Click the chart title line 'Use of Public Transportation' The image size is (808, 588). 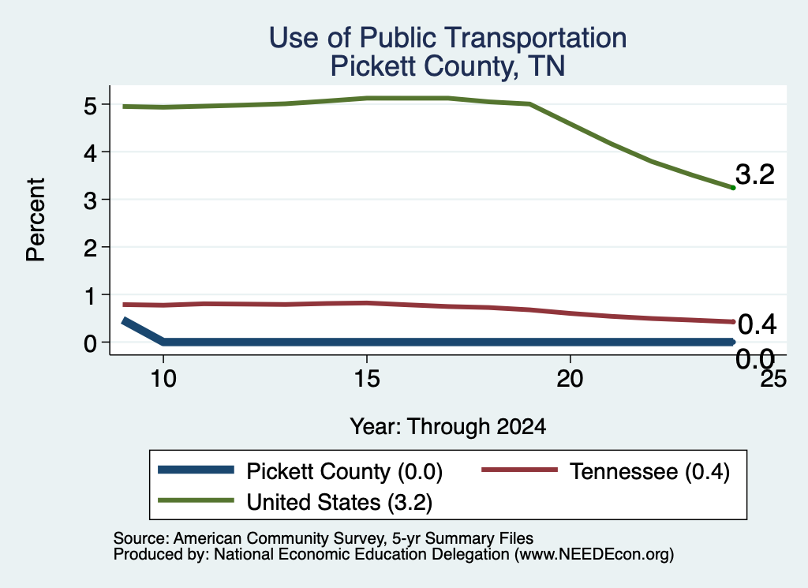[448, 38]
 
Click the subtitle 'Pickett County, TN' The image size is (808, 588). [448, 66]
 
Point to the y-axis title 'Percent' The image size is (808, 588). [36, 219]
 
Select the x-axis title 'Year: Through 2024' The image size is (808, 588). [448, 427]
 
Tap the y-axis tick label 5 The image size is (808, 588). [90, 106]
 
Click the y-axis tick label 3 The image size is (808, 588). [90, 200]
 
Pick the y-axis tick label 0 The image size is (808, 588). [90, 343]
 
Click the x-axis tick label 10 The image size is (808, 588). [163, 379]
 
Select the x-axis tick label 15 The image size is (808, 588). [367, 379]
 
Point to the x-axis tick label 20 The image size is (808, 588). [570, 379]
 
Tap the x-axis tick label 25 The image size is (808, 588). [774, 379]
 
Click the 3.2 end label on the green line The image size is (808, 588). [755, 174]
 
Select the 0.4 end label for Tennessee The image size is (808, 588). [757, 324]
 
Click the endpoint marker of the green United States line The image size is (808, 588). [733, 188]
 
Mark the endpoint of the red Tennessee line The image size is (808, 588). [733, 321]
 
